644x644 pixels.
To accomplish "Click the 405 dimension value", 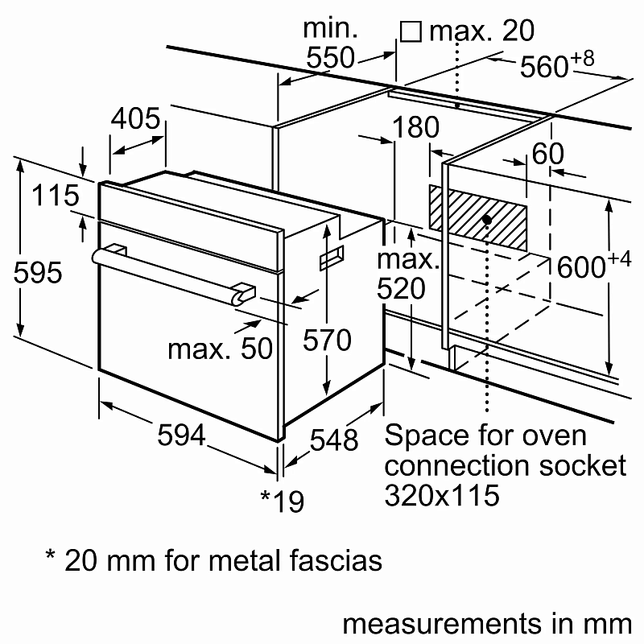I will (x=135, y=119).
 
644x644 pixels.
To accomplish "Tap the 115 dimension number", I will (x=56, y=196).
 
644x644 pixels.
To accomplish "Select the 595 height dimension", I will (x=38, y=273).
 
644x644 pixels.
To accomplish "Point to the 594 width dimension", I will (x=182, y=436).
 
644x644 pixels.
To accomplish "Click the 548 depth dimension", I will (x=334, y=439).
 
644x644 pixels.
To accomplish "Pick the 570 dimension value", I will (x=327, y=341).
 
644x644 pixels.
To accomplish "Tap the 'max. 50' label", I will (x=220, y=349).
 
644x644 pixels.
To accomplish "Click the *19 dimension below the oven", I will (x=283, y=501).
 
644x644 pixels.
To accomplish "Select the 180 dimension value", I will (x=417, y=128).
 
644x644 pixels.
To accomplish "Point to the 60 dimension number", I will (x=547, y=155).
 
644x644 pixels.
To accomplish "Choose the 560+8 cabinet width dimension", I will (x=556, y=66).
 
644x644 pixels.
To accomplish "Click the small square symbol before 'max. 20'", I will (x=411, y=31).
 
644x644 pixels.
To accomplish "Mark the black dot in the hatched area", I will (x=487, y=219).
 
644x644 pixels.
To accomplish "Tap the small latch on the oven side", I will (x=331, y=258).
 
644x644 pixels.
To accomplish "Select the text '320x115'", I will (x=442, y=494).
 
